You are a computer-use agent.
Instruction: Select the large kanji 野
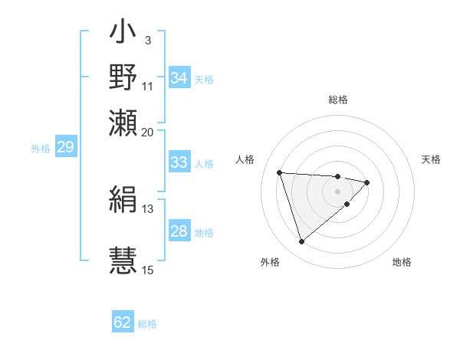tap(123, 78)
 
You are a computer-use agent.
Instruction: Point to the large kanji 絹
tap(123, 201)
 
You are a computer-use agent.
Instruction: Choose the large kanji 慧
tap(123, 257)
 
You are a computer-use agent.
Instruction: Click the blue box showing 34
tap(179, 78)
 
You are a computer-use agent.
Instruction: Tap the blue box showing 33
tap(179, 162)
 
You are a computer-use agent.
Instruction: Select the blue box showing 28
tap(179, 231)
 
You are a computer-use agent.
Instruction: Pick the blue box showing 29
tap(65, 147)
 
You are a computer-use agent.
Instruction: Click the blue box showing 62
tap(123, 322)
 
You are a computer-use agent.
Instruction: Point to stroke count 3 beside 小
tap(147, 40)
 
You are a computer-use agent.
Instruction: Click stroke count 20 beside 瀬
tap(148, 131)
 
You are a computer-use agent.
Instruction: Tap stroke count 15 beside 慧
tap(148, 269)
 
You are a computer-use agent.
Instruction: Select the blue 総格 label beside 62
tap(147, 324)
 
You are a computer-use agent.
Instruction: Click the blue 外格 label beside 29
tap(41, 149)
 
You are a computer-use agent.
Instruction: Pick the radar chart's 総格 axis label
tap(338, 100)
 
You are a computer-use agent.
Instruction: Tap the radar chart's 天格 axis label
tap(432, 159)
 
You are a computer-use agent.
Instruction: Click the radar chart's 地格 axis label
tap(402, 262)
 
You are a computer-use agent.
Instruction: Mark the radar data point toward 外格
tap(302, 242)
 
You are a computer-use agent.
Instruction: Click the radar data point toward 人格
tap(280, 172)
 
